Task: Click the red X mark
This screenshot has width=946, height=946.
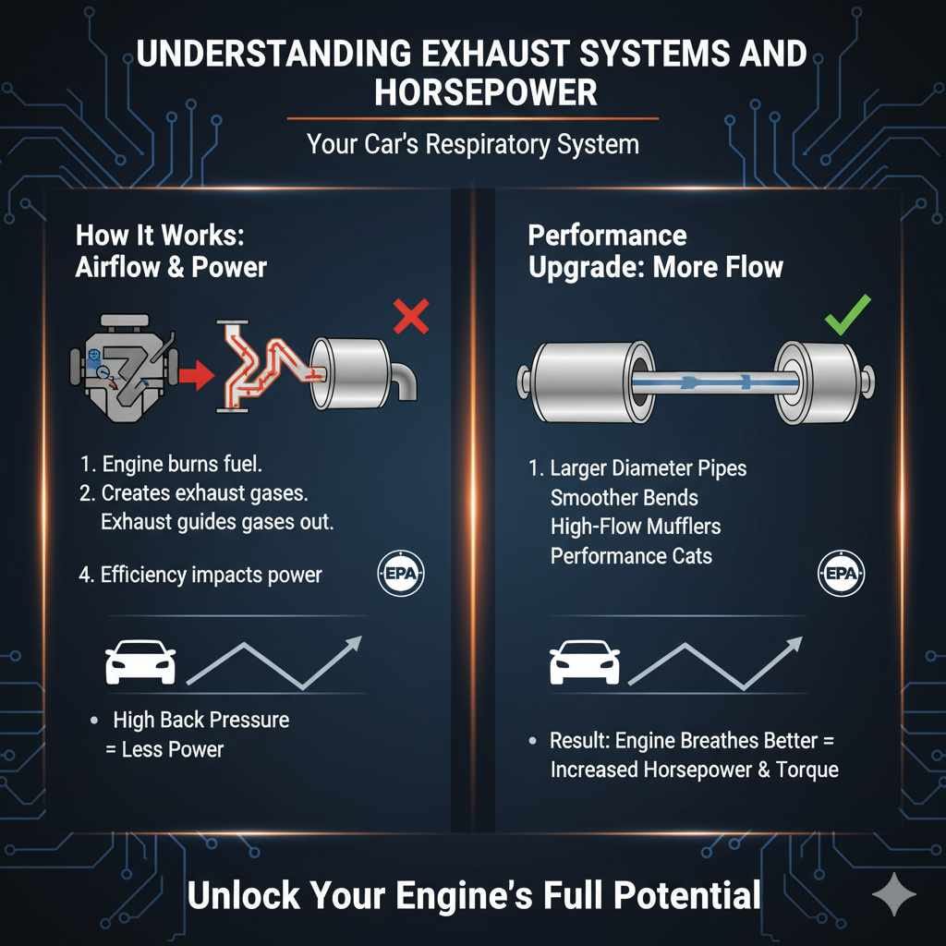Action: [x=410, y=318]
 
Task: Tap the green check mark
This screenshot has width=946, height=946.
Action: [x=847, y=316]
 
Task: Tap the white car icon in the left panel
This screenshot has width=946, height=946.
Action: [x=139, y=662]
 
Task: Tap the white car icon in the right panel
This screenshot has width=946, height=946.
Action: [x=584, y=662]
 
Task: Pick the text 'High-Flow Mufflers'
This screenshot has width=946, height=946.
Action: [x=635, y=528]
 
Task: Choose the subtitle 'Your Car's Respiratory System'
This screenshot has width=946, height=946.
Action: [x=472, y=144]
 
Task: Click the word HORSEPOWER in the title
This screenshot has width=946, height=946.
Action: [x=472, y=91]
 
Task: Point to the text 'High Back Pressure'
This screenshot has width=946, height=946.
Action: [x=200, y=720]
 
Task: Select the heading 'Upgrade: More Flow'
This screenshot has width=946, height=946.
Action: [x=655, y=268]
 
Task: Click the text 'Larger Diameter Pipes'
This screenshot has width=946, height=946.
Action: [x=648, y=468]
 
